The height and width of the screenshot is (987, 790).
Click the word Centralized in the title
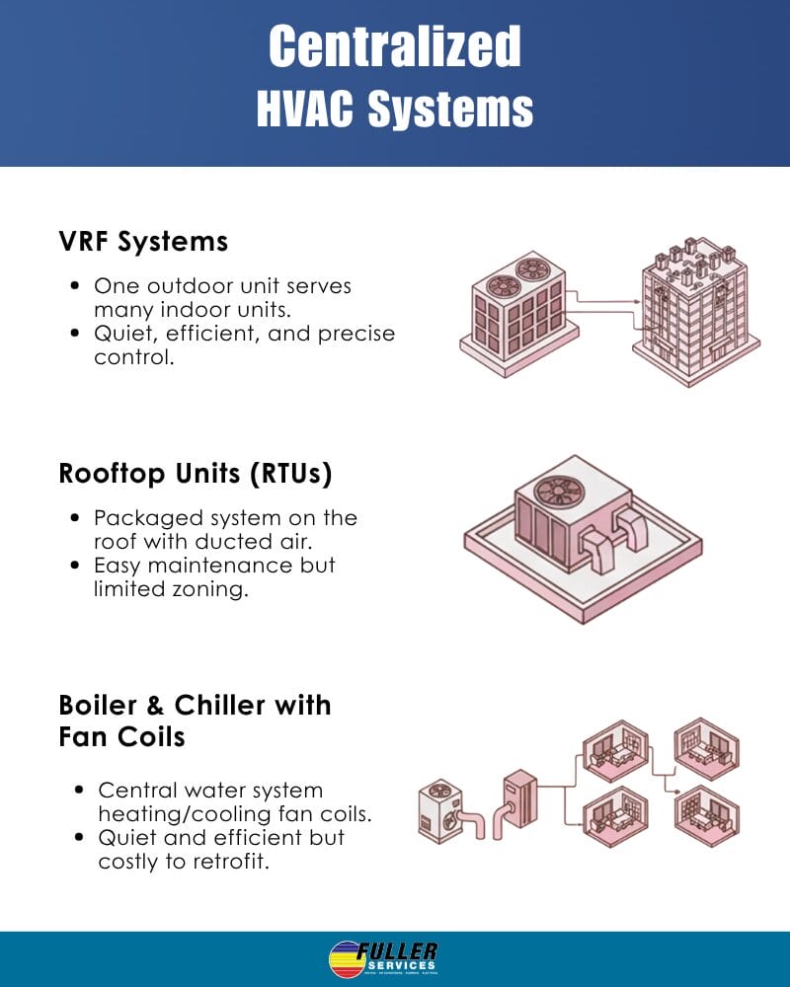[395, 45]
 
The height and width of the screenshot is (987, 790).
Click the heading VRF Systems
[143, 241]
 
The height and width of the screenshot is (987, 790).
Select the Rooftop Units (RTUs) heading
[196, 474]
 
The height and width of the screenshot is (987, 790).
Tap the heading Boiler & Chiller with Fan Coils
[195, 720]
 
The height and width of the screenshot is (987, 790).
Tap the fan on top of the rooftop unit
[554, 491]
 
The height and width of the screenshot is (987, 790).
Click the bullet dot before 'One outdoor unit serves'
[75, 287]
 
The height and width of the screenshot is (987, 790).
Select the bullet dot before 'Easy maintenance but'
[75, 567]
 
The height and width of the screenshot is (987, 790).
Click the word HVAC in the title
[305, 110]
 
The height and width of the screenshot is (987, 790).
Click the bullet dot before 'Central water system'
[79, 792]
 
